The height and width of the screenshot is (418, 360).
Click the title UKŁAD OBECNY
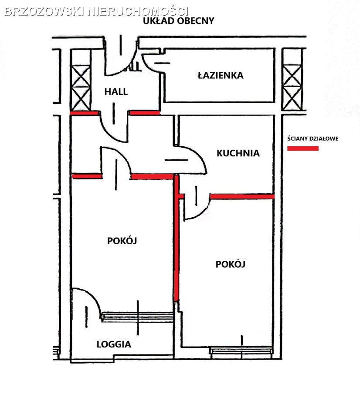pos(179,21)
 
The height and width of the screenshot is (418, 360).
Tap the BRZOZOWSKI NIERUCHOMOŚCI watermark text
pos(97,11)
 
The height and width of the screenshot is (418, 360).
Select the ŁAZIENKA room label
pos(221,75)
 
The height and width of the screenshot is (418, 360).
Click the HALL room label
pos(116,91)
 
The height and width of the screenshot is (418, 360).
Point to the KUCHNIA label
pos(238,153)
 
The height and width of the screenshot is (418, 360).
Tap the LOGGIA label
pos(114,344)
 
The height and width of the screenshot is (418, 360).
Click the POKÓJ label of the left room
pos(122,241)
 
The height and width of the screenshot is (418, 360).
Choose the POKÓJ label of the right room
pos(230,264)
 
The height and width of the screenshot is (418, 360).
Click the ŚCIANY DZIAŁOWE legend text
pos(313,138)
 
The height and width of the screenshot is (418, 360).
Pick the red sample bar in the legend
pos(303,148)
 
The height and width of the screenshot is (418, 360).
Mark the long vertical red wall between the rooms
pos(176,237)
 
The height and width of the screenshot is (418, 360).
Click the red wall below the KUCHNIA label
pos(242,197)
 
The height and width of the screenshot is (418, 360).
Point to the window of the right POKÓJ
pos(241,350)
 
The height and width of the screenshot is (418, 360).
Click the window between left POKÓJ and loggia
pos(138,317)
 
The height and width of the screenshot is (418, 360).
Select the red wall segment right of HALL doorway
pos(144,113)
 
